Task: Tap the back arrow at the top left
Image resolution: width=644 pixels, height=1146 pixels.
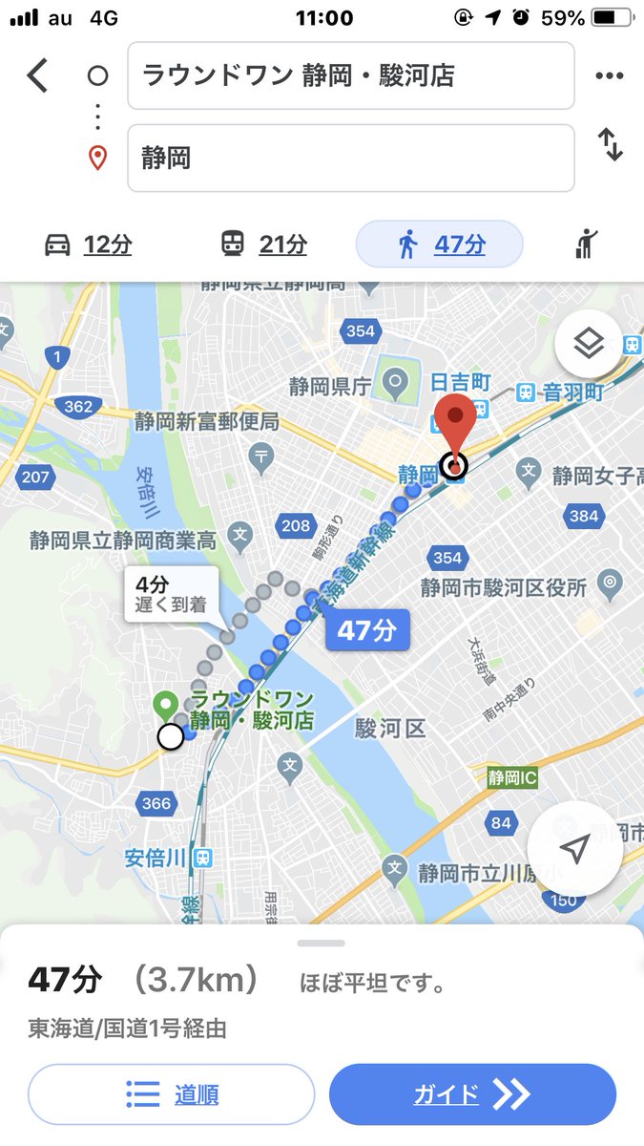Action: (37, 75)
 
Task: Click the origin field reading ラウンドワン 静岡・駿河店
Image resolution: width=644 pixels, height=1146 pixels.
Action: (350, 75)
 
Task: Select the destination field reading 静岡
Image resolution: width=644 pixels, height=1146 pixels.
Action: (350, 158)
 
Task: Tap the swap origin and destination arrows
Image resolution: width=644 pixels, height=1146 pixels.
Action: (610, 144)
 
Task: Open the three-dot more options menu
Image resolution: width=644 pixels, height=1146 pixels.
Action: (609, 76)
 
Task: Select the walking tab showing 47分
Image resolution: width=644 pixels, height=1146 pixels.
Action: (440, 244)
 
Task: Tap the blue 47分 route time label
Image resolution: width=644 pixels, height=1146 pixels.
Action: (368, 630)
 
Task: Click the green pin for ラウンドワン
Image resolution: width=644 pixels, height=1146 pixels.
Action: (165, 706)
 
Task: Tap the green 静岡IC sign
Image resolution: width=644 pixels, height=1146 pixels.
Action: (512, 778)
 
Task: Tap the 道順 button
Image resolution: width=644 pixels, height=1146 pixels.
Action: (172, 1094)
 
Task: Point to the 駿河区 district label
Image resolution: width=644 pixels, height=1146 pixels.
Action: (390, 730)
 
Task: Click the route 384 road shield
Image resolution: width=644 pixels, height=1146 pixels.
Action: (583, 516)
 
